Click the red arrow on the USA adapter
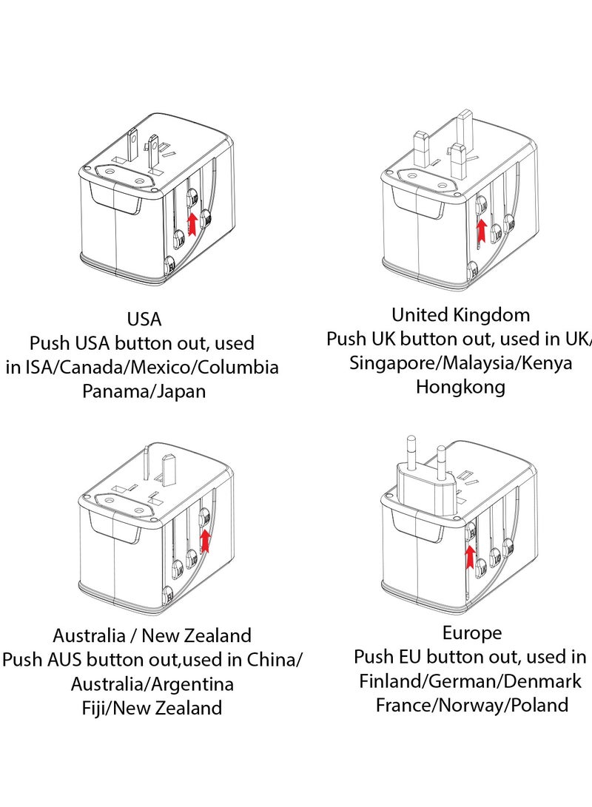point(193,222)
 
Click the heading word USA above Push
point(144,320)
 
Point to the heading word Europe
point(471,633)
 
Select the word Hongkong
point(460,387)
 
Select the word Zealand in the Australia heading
point(216,635)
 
